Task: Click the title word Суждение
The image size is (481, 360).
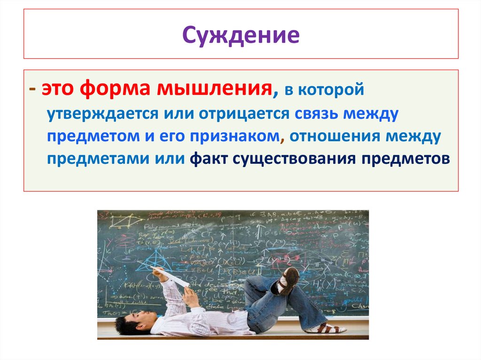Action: [x=240, y=35]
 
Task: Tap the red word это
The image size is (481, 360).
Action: [x=57, y=89]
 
